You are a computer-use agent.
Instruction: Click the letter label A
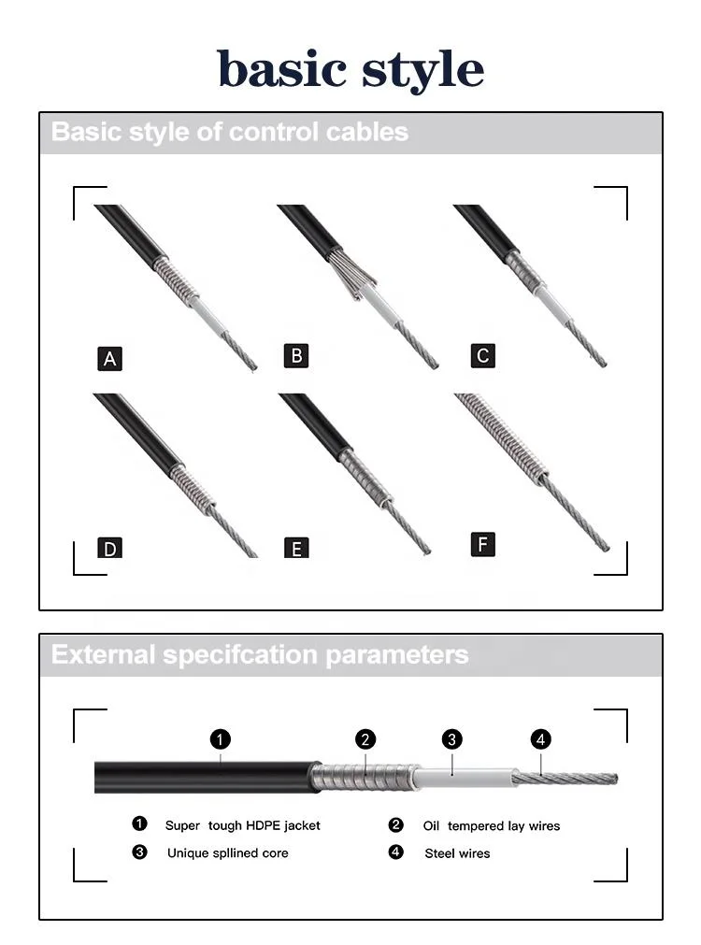(x=110, y=358)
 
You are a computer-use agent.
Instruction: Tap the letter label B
(x=296, y=355)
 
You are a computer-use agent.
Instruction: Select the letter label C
(x=482, y=355)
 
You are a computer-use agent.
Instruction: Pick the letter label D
(x=110, y=548)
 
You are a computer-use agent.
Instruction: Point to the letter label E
(x=296, y=549)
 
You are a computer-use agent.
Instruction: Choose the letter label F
(x=482, y=544)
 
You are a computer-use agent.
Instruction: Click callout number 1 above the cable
(x=220, y=739)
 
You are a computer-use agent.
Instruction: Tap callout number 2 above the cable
(x=365, y=739)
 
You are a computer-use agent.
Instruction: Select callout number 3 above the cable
(x=451, y=739)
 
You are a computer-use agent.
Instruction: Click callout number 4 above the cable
(x=540, y=739)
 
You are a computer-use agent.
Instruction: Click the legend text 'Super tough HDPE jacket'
(x=242, y=825)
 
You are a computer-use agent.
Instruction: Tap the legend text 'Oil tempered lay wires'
(x=491, y=825)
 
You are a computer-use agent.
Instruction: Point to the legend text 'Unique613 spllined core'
(x=227, y=852)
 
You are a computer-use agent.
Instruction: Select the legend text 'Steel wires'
(x=457, y=852)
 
